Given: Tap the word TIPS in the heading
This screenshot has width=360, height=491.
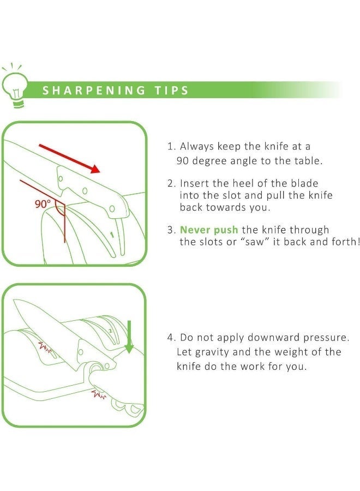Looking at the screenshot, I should pos(172,90).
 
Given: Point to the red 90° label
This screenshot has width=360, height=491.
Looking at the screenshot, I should pos(42,205).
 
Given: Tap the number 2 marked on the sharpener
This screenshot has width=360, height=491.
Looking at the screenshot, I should pos(109,331).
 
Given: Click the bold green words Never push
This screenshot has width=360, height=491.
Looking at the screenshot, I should pos(209,230).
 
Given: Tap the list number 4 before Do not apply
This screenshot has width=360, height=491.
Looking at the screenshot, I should pos(170,338).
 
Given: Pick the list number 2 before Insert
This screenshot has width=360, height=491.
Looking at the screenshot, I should pos(170,183).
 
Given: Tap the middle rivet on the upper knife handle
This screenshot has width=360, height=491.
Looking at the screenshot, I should pos(85,191).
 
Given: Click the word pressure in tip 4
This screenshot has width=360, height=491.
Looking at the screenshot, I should pos(333,338).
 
